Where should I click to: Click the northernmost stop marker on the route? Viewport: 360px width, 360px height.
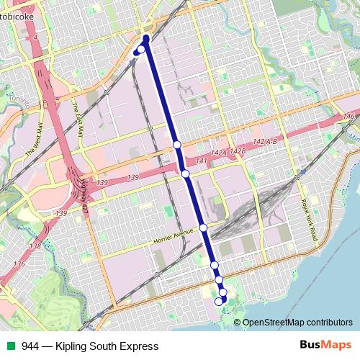point(141,48)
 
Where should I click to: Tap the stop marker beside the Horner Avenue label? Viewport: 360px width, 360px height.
point(203,228)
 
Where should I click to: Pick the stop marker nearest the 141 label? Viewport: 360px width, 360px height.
point(185,174)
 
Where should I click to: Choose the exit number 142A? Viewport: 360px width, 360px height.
point(218,153)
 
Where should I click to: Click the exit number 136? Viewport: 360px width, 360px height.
point(19,265)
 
